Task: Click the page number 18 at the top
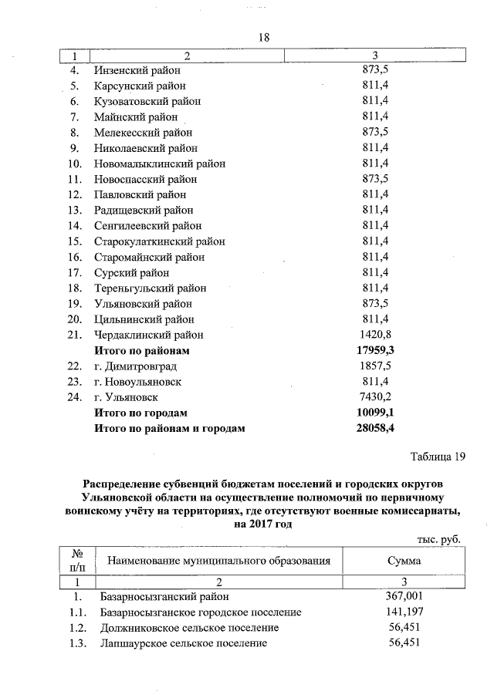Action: pyautogui.click(x=262, y=37)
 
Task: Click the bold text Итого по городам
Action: pyautogui.click(x=140, y=413)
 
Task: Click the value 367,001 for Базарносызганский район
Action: pyautogui.click(x=404, y=596)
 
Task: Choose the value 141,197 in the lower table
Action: pyautogui.click(x=404, y=612)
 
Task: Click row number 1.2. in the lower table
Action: pyautogui.click(x=76, y=627)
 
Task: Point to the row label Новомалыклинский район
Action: pyautogui.click(x=159, y=164)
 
